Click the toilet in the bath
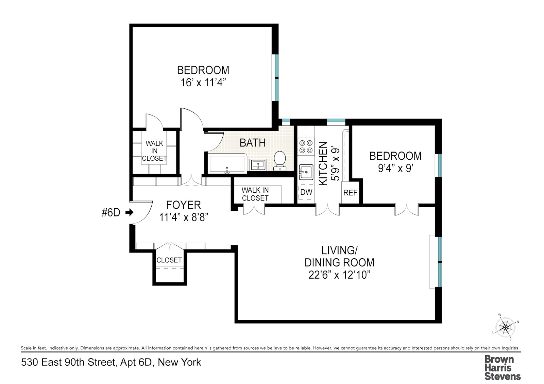pyautogui.click(x=280, y=160)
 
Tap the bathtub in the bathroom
pyautogui.click(x=227, y=164)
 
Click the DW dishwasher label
pyautogui.click(x=306, y=192)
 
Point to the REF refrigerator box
pyautogui.click(x=350, y=193)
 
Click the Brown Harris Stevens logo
pyautogui.click(x=502, y=367)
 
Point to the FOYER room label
pyautogui.click(x=184, y=205)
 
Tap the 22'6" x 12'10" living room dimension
pyautogui.click(x=339, y=275)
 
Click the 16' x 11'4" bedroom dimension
pyautogui.click(x=203, y=83)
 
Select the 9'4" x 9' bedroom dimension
pyautogui.click(x=395, y=168)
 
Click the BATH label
pyautogui.click(x=253, y=143)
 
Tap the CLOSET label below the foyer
pyautogui.click(x=169, y=260)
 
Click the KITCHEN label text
pyautogui.click(x=323, y=164)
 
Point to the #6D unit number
pyautogui.click(x=111, y=213)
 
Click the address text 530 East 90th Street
pyautogui.click(x=68, y=363)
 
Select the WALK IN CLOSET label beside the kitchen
pyautogui.click(x=255, y=194)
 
